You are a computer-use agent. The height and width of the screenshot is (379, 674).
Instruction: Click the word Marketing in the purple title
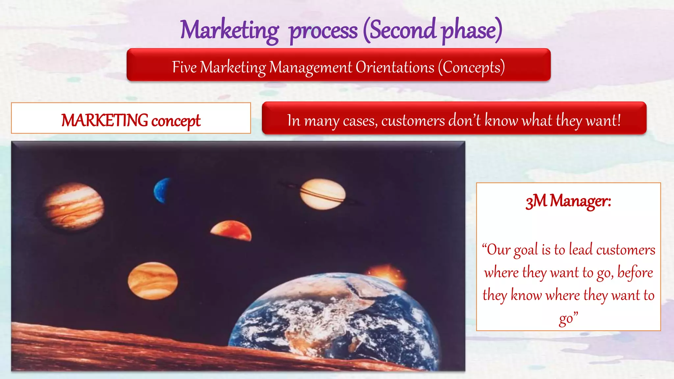pyautogui.click(x=229, y=30)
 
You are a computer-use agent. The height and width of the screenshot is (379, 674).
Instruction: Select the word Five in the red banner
pyautogui.click(x=184, y=67)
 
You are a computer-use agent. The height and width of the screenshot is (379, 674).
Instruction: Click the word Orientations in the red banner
pyautogui.click(x=395, y=67)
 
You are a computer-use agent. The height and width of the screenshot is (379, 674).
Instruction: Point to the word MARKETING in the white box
pyautogui.click(x=105, y=120)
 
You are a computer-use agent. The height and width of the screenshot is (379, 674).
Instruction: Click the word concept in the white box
pyautogui.click(x=176, y=121)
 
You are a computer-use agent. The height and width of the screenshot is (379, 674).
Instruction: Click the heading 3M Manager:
pyautogui.click(x=568, y=201)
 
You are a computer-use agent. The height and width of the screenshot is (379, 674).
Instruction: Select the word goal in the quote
pyautogui.click(x=526, y=250)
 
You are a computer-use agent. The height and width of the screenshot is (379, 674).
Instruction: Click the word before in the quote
pyautogui.click(x=635, y=273)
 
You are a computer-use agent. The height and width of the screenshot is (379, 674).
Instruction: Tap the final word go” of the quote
pyautogui.click(x=568, y=318)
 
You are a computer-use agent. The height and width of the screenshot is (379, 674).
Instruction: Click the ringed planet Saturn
pyautogui.click(x=323, y=194)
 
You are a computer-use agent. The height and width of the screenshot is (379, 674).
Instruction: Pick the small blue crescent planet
pyautogui.click(x=162, y=190)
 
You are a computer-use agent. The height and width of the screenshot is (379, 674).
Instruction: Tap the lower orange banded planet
pyautogui.click(x=153, y=281)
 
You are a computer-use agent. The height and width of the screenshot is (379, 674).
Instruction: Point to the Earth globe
pyautogui.click(x=332, y=322)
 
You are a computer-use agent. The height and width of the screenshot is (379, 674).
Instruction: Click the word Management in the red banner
pyautogui.click(x=310, y=67)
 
